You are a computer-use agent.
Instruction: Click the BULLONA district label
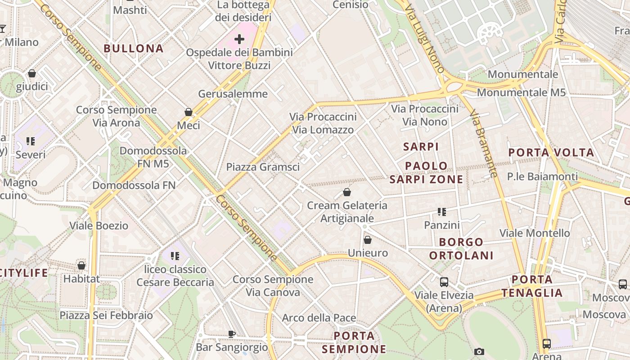[x=134, y=49]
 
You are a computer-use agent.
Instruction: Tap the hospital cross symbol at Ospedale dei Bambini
[x=239, y=39]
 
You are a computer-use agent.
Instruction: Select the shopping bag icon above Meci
[x=189, y=112]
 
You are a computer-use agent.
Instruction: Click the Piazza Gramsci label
[x=263, y=167]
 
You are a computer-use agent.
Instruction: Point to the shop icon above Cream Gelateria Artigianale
[x=347, y=192]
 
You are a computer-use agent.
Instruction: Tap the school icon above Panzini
[x=441, y=211]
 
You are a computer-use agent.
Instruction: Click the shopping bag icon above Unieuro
[x=368, y=240]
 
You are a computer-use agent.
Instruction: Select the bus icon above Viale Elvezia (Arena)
[x=444, y=282]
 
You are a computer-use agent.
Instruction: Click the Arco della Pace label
[x=319, y=318]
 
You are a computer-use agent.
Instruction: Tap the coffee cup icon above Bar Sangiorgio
[x=231, y=334]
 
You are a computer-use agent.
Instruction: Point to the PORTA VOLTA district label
[x=551, y=153]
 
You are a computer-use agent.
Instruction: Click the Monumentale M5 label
[x=521, y=93]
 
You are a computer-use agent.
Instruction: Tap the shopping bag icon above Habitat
[x=81, y=265]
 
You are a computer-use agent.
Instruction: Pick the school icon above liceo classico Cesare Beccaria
[x=175, y=256]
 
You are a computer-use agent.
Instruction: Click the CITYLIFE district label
[x=23, y=273]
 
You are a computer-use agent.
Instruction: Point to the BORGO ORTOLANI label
[x=461, y=249]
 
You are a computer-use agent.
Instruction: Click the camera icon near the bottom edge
[x=479, y=351]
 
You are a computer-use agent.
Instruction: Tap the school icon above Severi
[x=31, y=141]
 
